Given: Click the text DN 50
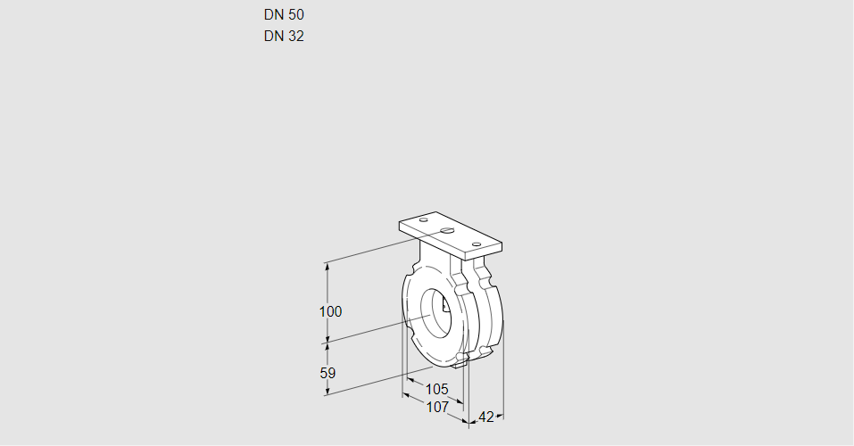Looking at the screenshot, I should click(284, 15).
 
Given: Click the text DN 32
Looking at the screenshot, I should click(284, 37).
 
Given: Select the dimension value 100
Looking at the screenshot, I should click(330, 312).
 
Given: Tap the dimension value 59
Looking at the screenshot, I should click(328, 373).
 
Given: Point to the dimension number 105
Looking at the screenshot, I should click(436, 389).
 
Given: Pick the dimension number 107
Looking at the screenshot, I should click(436, 407).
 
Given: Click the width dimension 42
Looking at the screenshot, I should click(486, 417).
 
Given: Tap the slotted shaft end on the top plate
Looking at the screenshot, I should click(447, 231).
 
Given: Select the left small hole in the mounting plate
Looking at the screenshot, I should click(424, 219).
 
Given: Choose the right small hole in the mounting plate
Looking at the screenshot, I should click(477, 244).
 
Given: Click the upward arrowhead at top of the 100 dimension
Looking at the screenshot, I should click(328, 266).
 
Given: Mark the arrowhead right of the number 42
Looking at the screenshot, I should click(500, 416).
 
